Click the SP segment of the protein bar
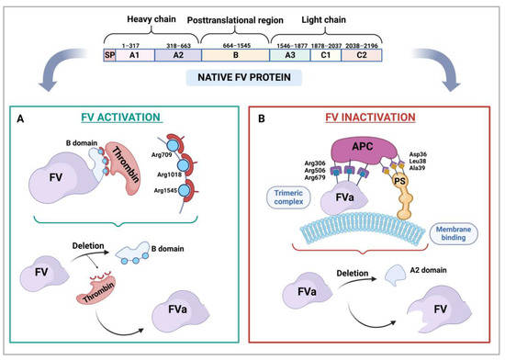point(109,55)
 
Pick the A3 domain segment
point(292,55)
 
